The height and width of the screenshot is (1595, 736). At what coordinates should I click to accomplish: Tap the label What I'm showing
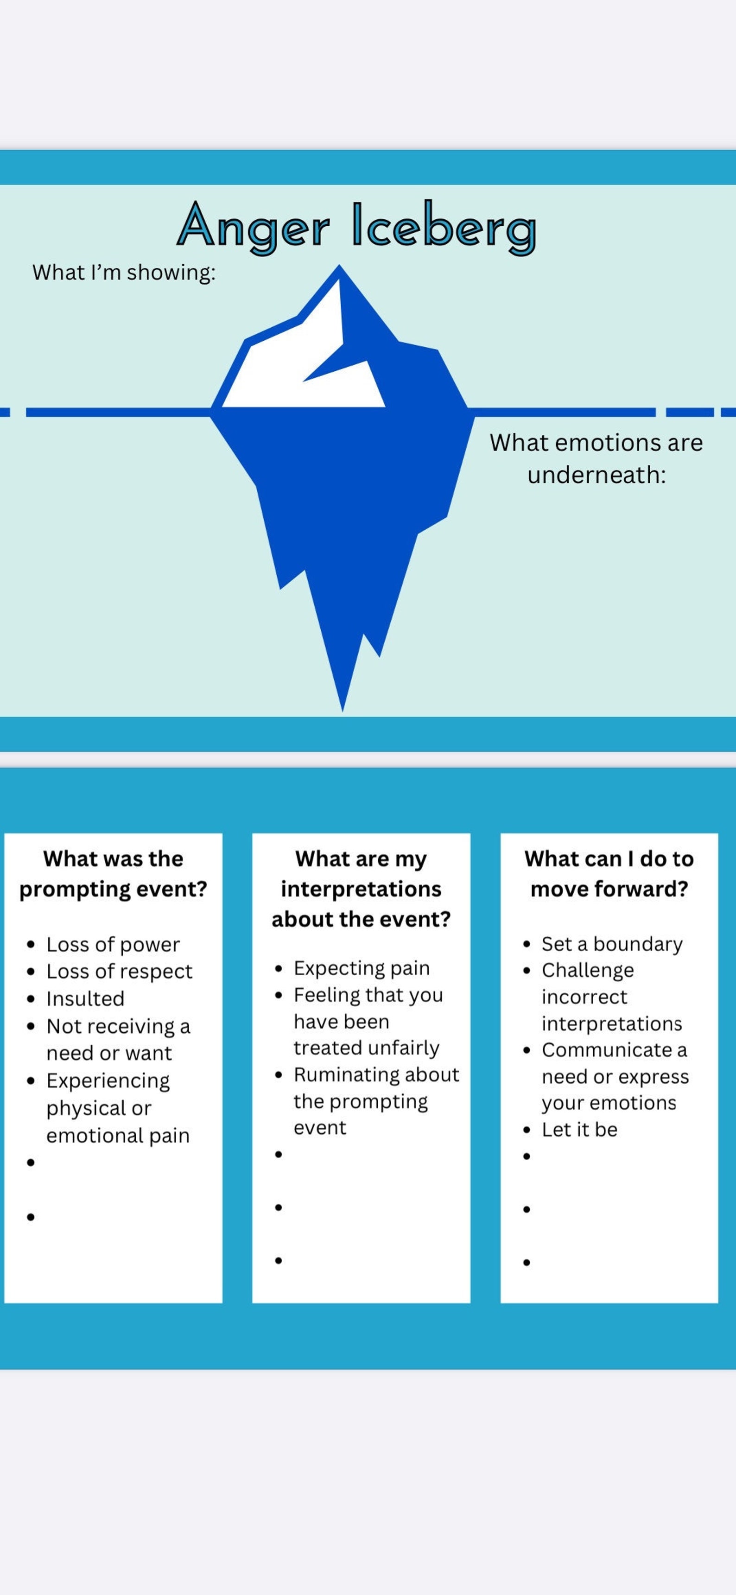(124, 273)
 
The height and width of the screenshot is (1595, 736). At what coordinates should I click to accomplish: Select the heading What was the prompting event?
(113, 874)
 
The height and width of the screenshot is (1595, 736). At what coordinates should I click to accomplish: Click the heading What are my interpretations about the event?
(361, 889)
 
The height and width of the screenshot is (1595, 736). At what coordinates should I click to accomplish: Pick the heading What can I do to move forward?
(609, 874)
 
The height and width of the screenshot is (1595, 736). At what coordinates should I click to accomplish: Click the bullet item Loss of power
(113, 944)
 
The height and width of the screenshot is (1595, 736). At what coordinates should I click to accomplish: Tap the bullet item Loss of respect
(119, 972)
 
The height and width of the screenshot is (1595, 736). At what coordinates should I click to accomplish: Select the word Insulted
(85, 999)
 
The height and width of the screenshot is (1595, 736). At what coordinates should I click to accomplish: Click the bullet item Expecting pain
(362, 968)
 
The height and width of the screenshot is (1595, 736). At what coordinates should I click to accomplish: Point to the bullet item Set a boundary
(612, 944)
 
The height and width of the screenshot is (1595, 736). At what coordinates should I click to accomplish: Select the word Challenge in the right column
(587, 970)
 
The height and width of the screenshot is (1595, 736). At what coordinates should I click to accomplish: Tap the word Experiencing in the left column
(108, 1080)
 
